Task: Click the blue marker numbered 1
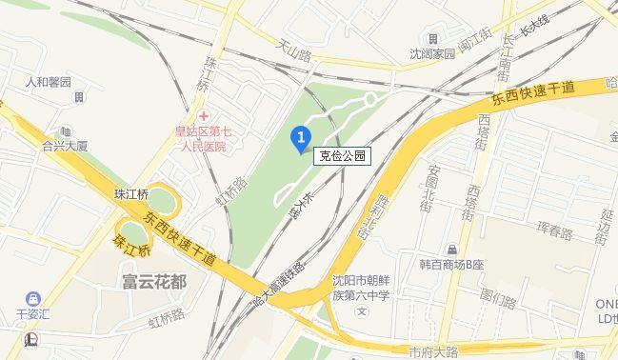[301, 139]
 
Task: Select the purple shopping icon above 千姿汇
[34, 299]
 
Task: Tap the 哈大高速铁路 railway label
[278, 286]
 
